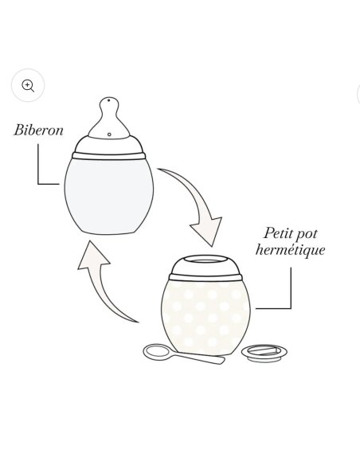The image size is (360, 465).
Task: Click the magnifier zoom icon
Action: (28, 85)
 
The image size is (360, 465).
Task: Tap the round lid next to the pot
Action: (264, 350)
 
